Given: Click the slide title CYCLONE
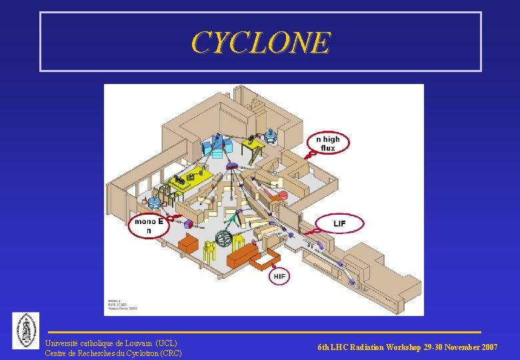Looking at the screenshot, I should click(x=260, y=43).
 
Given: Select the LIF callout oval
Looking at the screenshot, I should click(x=339, y=223).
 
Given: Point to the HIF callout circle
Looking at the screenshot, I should click(x=279, y=275).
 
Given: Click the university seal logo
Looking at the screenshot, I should click(x=26, y=330).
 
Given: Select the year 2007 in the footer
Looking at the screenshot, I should click(x=488, y=347).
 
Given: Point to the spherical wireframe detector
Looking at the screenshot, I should click(x=223, y=240).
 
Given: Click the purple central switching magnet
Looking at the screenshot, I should click(x=232, y=165).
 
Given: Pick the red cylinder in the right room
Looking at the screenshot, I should click(x=283, y=195).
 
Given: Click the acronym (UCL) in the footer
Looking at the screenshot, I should click(x=166, y=343).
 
